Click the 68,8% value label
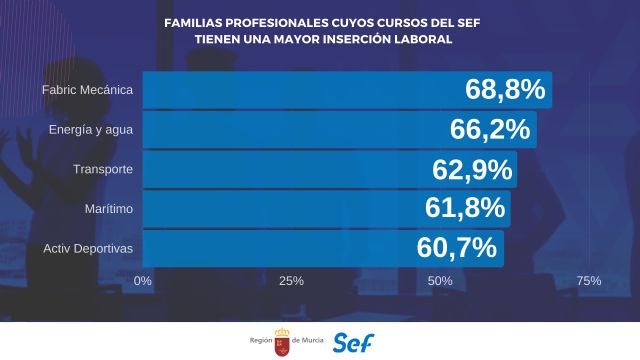pos(505,90)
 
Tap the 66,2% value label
pos(491,129)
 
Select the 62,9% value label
pos(472,169)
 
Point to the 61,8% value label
pos(466,208)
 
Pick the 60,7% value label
pos(457,247)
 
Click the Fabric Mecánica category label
pos(87,90)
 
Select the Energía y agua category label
pos(91,129)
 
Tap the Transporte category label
pos(102,169)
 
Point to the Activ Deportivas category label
pos(89,247)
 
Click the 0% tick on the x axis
pos(142,281)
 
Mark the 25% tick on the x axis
pos(291,281)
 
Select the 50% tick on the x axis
pos(440,281)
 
